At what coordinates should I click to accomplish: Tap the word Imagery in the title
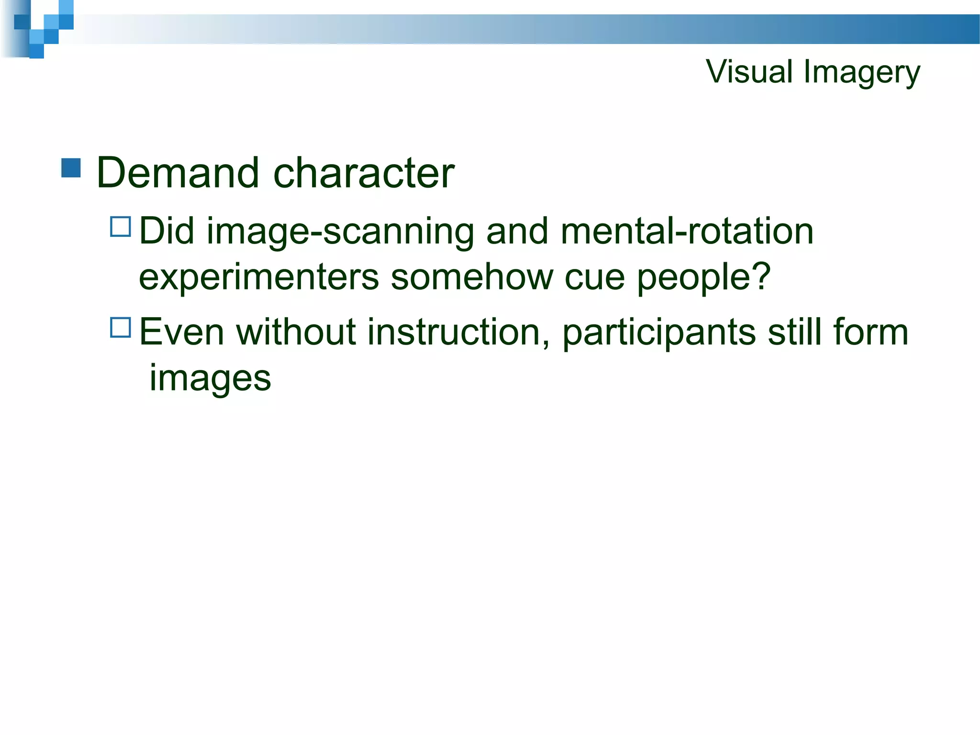click(x=862, y=73)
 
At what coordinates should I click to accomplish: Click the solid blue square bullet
click(x=71, y=168)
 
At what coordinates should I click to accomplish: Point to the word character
click(x=364, y=173)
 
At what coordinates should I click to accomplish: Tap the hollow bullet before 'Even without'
click(x=120, y=328)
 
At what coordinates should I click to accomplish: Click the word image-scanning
click(x=340, y=232)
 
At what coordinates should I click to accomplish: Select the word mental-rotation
click(x=687, y=231)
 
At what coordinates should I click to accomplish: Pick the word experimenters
click(x=258, y=278)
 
